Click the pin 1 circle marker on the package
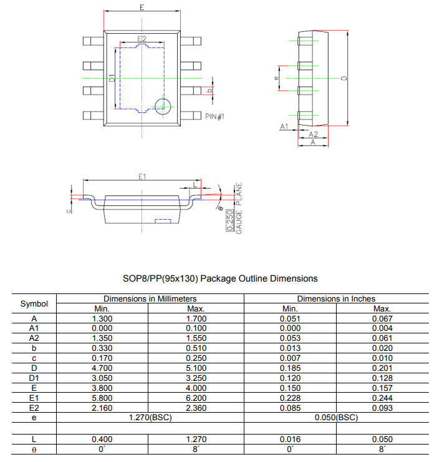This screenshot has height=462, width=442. (x=163, y=106)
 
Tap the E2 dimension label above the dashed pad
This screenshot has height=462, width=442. (x=142, y=39)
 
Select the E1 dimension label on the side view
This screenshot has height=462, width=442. (x=142, y=177)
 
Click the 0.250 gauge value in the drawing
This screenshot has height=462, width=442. (x=230, y=221)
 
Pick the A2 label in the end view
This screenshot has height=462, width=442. (x=314, y=134)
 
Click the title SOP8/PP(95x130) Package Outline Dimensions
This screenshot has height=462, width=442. (x=221, y=278)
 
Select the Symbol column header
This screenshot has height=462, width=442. (x=34, y=303)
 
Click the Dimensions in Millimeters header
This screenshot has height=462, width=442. (x=150, y=299)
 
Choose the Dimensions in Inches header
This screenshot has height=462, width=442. (x=336, y=299)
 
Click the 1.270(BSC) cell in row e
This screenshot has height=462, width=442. (x=150, y=417)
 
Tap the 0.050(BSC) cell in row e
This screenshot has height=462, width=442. (x=336, y=417)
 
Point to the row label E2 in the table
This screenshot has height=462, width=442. (x=34, y=408)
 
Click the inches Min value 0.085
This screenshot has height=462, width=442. (x=290, y=408)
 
